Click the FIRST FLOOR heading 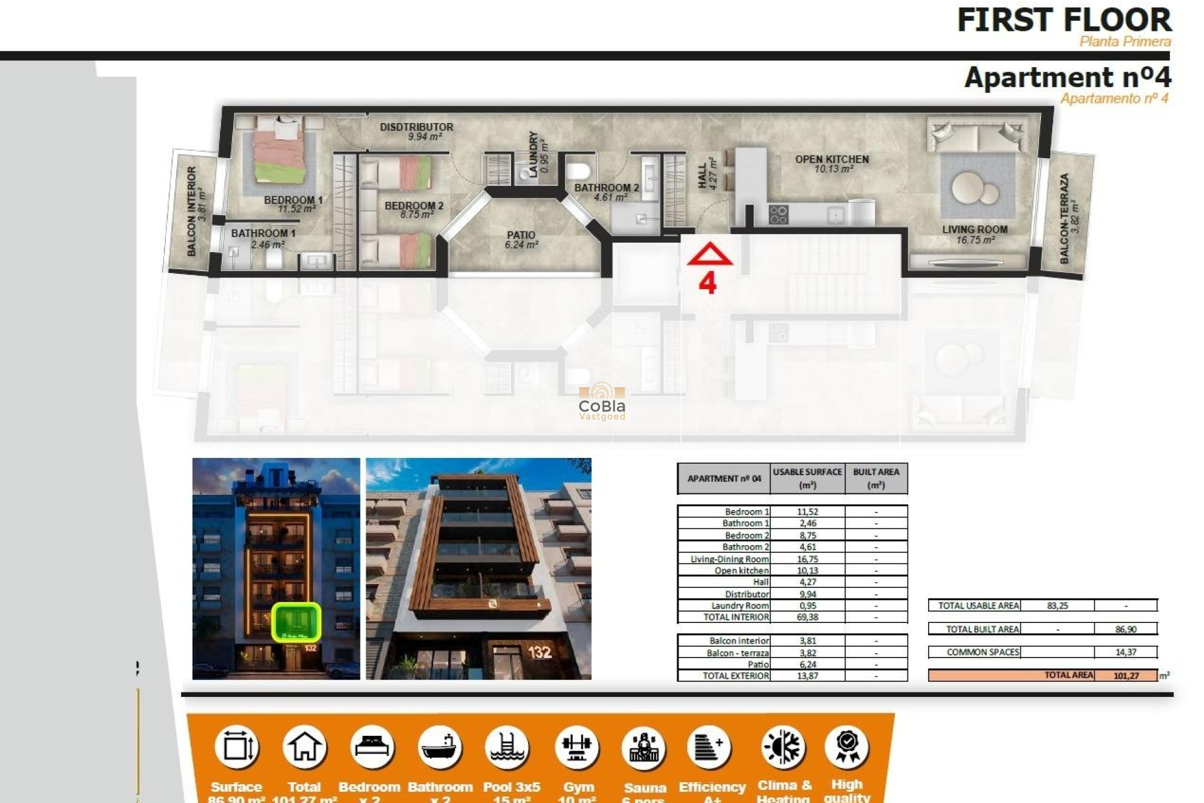[1064, 20]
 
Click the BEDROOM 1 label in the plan [293, 201]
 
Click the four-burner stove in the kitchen [778, 215]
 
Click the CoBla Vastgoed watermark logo [601, 401]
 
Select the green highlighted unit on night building [296, 622]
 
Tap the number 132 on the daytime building [539, 652]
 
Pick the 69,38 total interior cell [807, 617]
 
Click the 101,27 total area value [1126, 676]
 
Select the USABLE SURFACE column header [807, 478]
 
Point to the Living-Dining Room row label [729, 559]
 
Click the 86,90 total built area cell [1126, 629]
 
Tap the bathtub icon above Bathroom [440, 747]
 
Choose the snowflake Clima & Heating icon [783, 747]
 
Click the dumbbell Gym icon [577, 747]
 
